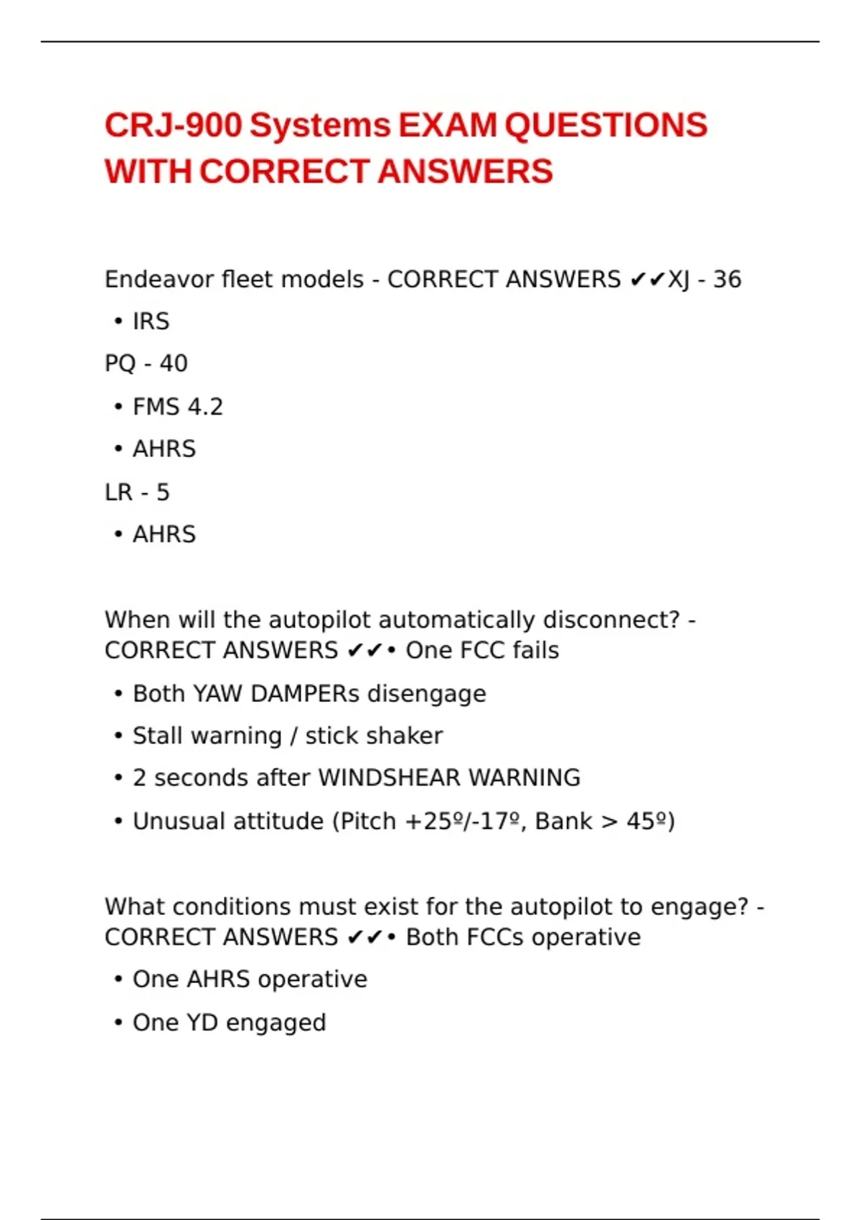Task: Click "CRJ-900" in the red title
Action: [173, 126]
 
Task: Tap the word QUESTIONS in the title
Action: [606, 126]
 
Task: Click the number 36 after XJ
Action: [727, 279]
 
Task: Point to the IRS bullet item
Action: [151, 322]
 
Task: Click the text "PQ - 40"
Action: [146, 364]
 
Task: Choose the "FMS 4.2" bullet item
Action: [177, 407]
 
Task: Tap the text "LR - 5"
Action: [137, 492]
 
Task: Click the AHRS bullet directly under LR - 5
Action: [164, 535]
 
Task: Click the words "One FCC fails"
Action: [482, 650]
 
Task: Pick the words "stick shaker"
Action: [374, 736]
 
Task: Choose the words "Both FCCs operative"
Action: [523, 937]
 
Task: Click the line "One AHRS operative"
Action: [249, 980]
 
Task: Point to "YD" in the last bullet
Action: [202, 1023]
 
